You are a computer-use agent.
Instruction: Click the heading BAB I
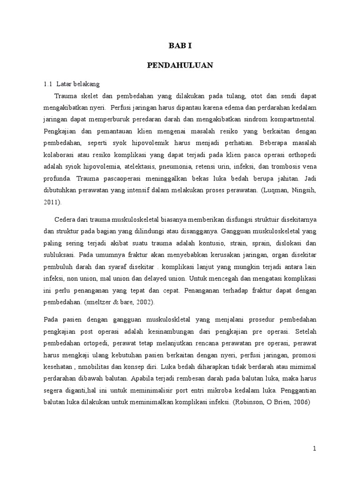pyautogui.click(x=180, y=46)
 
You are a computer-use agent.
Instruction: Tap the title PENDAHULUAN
pyautogui.click(x=180, y=66)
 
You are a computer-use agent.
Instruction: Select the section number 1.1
pyautogui.click(x=47, y=84)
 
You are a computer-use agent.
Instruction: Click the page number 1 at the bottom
pyautogui.click(x=315, y=449)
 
